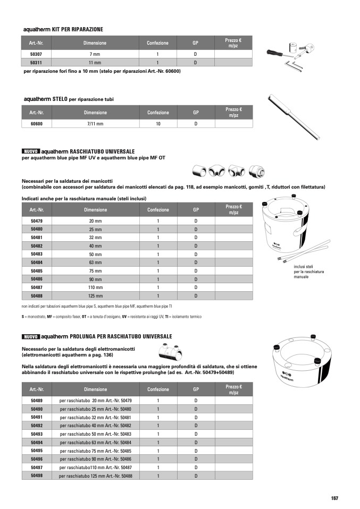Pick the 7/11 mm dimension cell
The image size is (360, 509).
(x=95, y=124)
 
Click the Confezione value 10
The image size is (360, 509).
(x=158, y=124)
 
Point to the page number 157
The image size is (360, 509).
(x=334, y=498)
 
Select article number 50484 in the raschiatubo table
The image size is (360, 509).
(x=36, y=262)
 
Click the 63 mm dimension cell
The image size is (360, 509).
(x=95, y=262)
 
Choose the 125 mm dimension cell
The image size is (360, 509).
(x=95, y=296)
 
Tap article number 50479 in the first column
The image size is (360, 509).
(x=36, y=220)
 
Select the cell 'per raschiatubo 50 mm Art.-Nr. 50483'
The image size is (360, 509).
(x=95, y=434)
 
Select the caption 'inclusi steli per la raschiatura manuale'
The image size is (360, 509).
(x=309, y=272)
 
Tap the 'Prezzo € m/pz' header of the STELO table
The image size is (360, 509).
(x=233, y=112)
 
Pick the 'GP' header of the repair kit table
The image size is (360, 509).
(x=195, y=43)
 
